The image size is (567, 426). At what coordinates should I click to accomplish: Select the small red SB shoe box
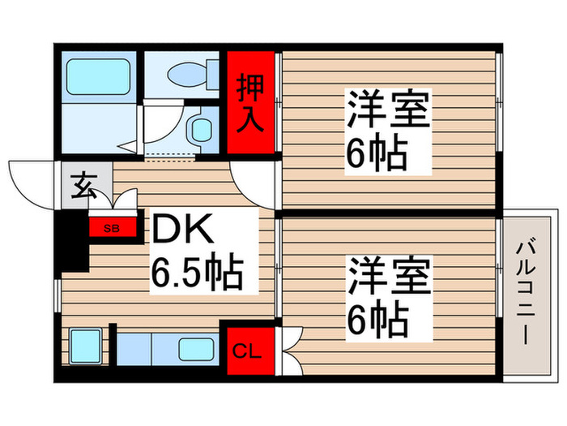tap(112, 228)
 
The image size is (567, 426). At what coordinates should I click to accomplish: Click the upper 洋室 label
tap(388, 111)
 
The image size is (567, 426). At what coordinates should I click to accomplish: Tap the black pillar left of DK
tap(74, 240)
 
